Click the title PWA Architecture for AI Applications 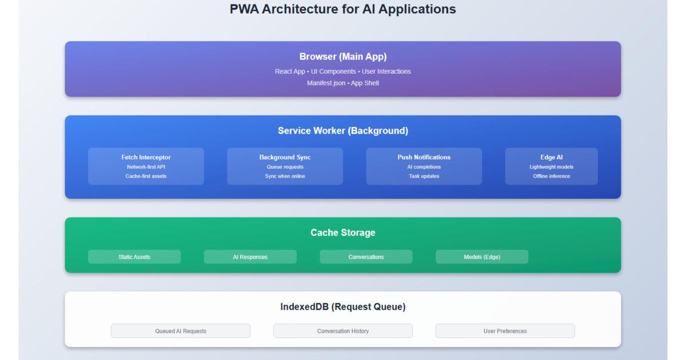tap(343, 9)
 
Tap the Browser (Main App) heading tap(343, 57)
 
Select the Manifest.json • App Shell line tap(343, 83)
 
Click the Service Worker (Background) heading tap(343, 131)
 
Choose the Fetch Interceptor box tap(146, 166)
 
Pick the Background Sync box tap(285, 166)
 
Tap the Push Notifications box tap(424, 166)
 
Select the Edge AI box tap(551, 166)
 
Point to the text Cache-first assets tap(146, 176)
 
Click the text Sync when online tap(285, 176)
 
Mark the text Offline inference tap(551, 176)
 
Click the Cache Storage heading tap(343, 233)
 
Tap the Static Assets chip tap(134, 257)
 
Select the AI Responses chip tap(250, 257)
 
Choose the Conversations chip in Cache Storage tap(366, 257)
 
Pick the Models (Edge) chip tap(482, 257)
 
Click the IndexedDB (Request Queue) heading tap(343, 307)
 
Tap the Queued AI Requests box tap(181, 331)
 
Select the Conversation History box tap(343, 331)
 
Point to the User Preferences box tap(505, 331)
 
